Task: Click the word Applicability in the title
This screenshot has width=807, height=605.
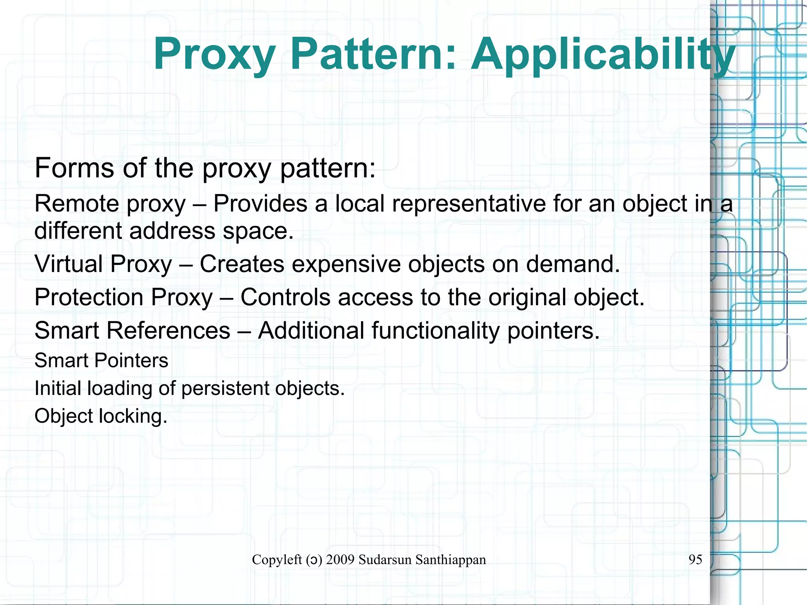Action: pyautogui.click(x=603, y=54)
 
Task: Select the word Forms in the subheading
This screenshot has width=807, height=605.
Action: pyautogui.click(x=75, y=168)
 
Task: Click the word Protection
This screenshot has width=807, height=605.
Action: pyautogui.click(x=89, y=297)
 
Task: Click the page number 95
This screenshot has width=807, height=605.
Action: pyautogui.click(x=695, y=560)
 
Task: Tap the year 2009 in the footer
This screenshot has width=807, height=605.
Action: pyautogui.click(x=340, y=560)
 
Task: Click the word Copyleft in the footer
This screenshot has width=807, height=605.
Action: pyautogui.click(x=277, y=560)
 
